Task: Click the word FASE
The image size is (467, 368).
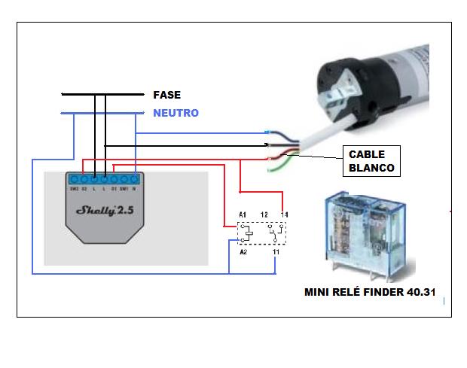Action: click(166, 95)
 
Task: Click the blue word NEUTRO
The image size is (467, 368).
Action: click(176, 113)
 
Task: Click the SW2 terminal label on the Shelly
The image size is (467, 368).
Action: click(74, 188)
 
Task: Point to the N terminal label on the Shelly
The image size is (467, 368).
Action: click(133, 188)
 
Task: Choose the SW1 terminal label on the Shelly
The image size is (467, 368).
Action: click(124, 188)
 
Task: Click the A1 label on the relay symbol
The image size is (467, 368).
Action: click(243, 215)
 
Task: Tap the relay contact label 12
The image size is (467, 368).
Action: click(264, 215)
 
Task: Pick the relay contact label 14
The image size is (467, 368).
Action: click(284, 215)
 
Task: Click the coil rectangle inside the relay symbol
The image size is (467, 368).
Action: click(243, 233)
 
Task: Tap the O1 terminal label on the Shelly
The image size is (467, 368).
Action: click(114, 188)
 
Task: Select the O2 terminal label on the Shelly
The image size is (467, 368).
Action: click(84, 188)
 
